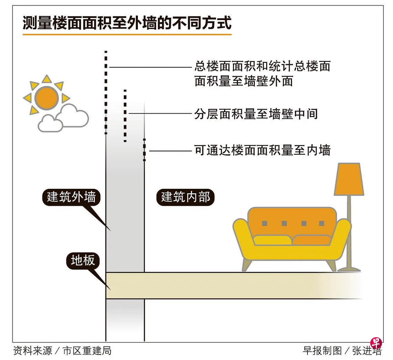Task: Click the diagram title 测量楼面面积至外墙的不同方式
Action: tap(127, 23)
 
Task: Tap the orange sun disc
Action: tap(47, 98)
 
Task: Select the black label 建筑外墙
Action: tap(71, 197)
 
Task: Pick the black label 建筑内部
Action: tap(185, 197)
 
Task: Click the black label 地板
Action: tap(83, 261)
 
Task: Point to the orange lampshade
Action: tap(349, 179)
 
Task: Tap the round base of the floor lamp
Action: tap(349, 269)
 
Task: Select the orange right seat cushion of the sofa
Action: tap(311, 240)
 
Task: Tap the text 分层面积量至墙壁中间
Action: tap(255, 114)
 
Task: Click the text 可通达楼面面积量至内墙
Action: tap(262, 150)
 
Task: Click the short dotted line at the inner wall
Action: tap(144, 150)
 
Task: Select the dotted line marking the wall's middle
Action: tap(125, 116)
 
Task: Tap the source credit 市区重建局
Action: tap(87, 351)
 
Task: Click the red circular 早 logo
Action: tap(376, 344)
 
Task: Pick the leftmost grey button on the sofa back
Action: tap(264, 223)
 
